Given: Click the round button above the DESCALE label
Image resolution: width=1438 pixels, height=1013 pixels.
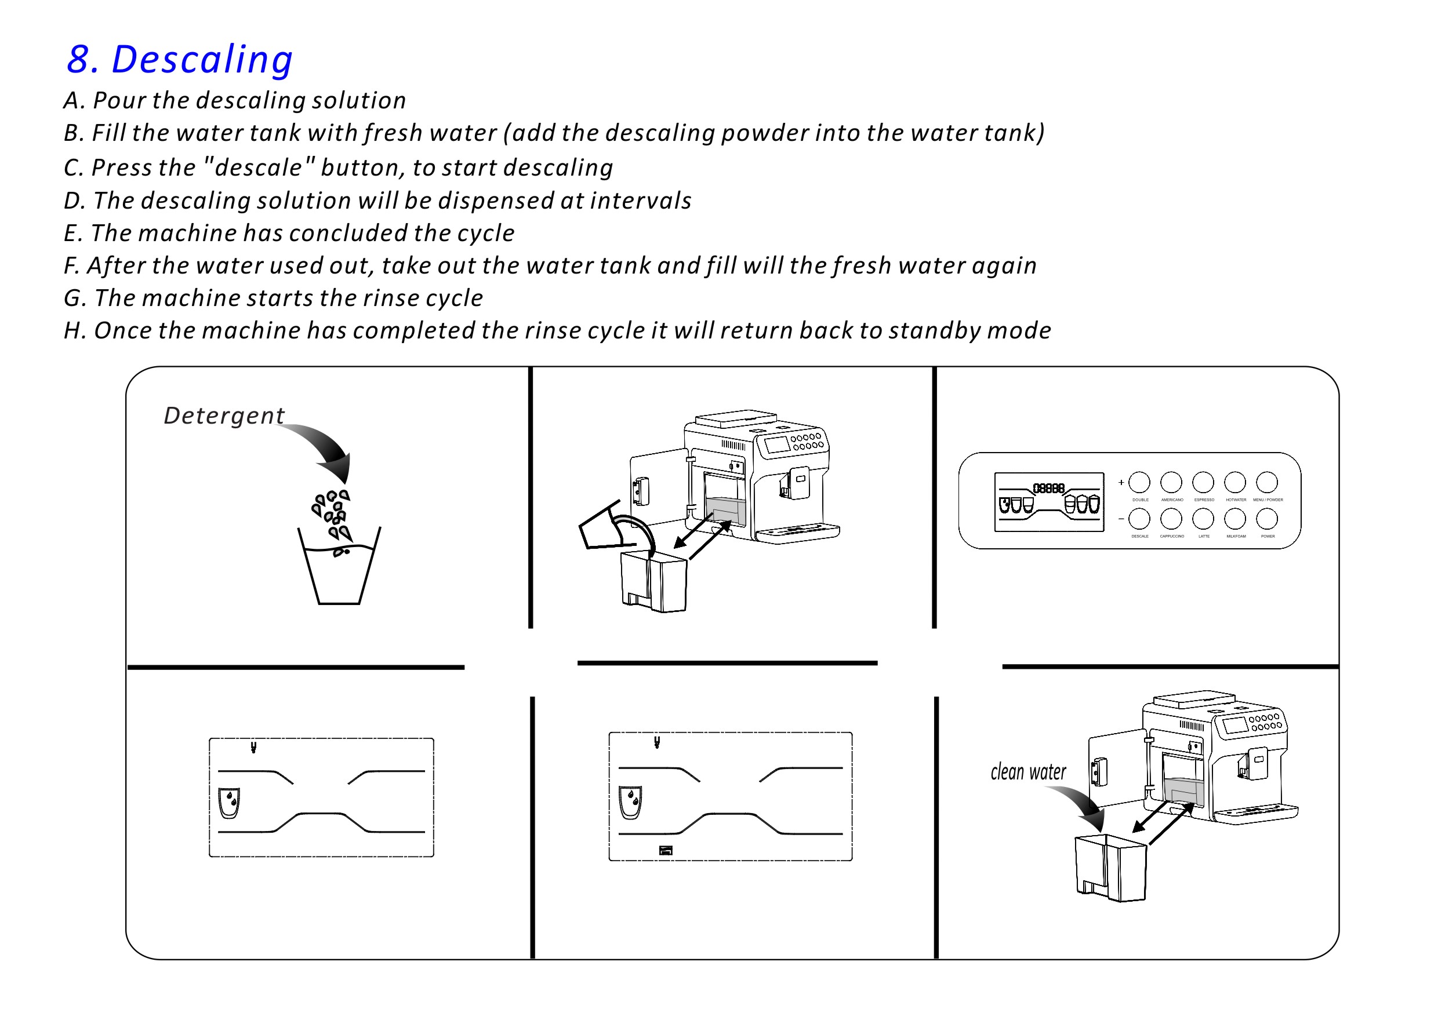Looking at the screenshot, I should pyautogui.click(x=1139, y=519).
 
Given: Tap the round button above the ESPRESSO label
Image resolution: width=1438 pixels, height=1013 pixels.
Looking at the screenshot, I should pyautogui.click(x=1203, y=483).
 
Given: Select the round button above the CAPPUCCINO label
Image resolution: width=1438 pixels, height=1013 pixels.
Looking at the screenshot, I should pyautogui.click(x=1171, y=519).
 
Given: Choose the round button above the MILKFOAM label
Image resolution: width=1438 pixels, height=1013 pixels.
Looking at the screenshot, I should pyautogui.click(x=1235, y=519).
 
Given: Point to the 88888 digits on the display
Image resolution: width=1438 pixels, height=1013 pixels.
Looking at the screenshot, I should pyautogui.click(x=1048, y=489).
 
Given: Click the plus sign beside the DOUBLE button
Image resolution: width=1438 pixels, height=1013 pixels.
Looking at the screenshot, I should pyautogui.click(x=1121, y=483).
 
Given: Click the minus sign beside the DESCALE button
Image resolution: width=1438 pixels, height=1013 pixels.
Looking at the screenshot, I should pyautogui.click(x=1121, y=519).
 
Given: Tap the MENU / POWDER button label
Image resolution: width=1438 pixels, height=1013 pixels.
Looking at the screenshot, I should pyautogui.click(x=1268, y=500).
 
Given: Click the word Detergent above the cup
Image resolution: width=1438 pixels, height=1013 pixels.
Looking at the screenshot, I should pyautogui.click(x=224, y=416).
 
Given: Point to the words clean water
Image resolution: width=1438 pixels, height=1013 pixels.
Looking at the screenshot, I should pyautogui.click(x=1029, y=772).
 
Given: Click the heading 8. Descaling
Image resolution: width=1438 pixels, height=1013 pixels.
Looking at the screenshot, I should pyautogui.click(x=180, y=60).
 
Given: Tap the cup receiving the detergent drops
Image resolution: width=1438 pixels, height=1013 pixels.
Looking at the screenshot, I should pyautogui.click(x=339, y=573).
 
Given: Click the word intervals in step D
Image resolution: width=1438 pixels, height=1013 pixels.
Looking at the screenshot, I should pyautogui.click(x=640, y=201).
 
